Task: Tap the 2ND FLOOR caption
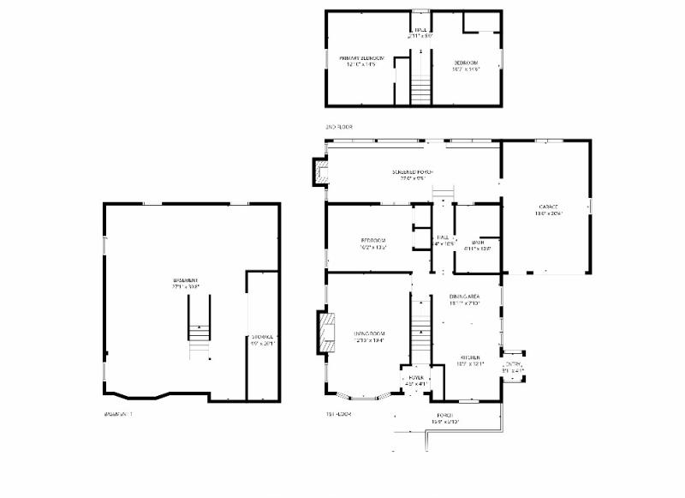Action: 338,127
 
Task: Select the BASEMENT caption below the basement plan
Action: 118,414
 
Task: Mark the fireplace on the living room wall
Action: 327,333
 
